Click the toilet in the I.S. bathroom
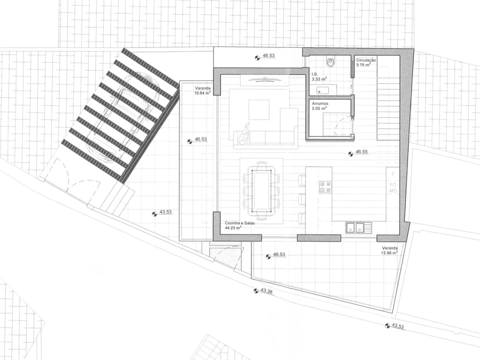point(331,62)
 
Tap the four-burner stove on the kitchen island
point(325,187)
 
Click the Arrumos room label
point(320,103)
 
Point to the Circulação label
point(366,60)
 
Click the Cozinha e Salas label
point(240,223)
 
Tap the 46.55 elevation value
point(362,151)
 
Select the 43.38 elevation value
point(266,291)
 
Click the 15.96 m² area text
point(389,253)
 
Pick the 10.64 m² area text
point(202,93)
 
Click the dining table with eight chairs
point(261,191)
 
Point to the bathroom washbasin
point(323,90)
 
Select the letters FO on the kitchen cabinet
point(393,184)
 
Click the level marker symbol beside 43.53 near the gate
point(155,214)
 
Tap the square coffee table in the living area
point(259,110)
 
